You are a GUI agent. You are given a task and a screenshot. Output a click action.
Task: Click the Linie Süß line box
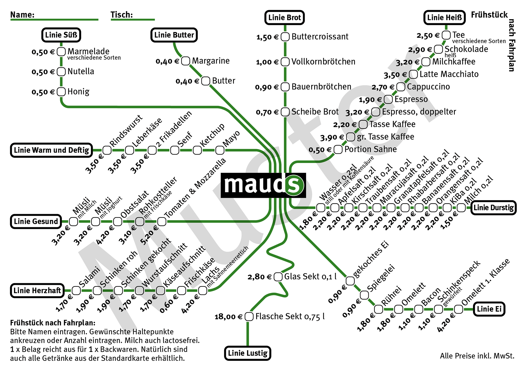tap(61, 35)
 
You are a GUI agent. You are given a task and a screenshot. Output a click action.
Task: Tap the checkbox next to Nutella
tap(61, 72)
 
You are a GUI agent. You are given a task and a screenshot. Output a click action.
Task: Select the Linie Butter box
tap(174, 35)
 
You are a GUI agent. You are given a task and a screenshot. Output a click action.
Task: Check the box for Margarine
tap(186, 61)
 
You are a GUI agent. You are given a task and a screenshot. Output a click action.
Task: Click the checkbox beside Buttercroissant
tap(285, 37)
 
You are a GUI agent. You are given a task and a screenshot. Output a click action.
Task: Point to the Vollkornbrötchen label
tap(323, 62)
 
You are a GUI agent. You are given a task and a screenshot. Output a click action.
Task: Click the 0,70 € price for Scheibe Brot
tap(267, 112)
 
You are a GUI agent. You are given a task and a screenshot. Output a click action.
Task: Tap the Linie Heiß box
tap(444, 18)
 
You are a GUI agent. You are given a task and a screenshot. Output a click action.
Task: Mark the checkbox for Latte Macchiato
tap(413, 74)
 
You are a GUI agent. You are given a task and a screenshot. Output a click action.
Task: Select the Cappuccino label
tap(428, 87)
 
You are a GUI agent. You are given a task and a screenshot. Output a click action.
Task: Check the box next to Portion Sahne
tap(338, 150)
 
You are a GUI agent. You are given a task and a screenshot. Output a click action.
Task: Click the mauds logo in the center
tap(263, 185)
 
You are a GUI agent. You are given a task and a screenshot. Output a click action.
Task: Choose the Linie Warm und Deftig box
tap(51, 150)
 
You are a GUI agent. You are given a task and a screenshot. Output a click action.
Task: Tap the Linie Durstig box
tap(493, 208)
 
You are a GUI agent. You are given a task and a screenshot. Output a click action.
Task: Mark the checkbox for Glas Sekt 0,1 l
tap(278, 277)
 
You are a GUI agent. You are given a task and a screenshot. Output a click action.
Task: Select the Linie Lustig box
tap(248, 353)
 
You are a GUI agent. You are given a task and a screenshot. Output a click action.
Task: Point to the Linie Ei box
tap(489, 309)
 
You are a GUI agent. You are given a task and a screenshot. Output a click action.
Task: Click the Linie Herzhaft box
tap(37, 290)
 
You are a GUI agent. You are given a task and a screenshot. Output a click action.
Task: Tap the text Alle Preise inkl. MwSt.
tap(477, 356)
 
